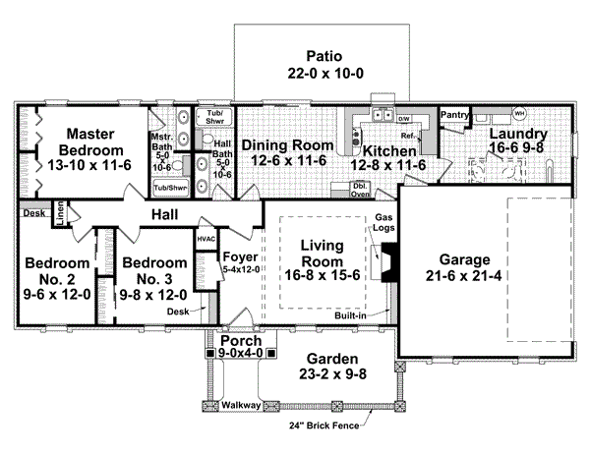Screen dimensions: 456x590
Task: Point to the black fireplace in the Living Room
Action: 389,262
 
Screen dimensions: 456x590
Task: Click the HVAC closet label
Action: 206,238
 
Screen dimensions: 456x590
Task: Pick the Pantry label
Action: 454,115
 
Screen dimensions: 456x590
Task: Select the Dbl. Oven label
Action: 361,189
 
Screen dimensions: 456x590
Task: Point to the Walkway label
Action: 240,403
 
